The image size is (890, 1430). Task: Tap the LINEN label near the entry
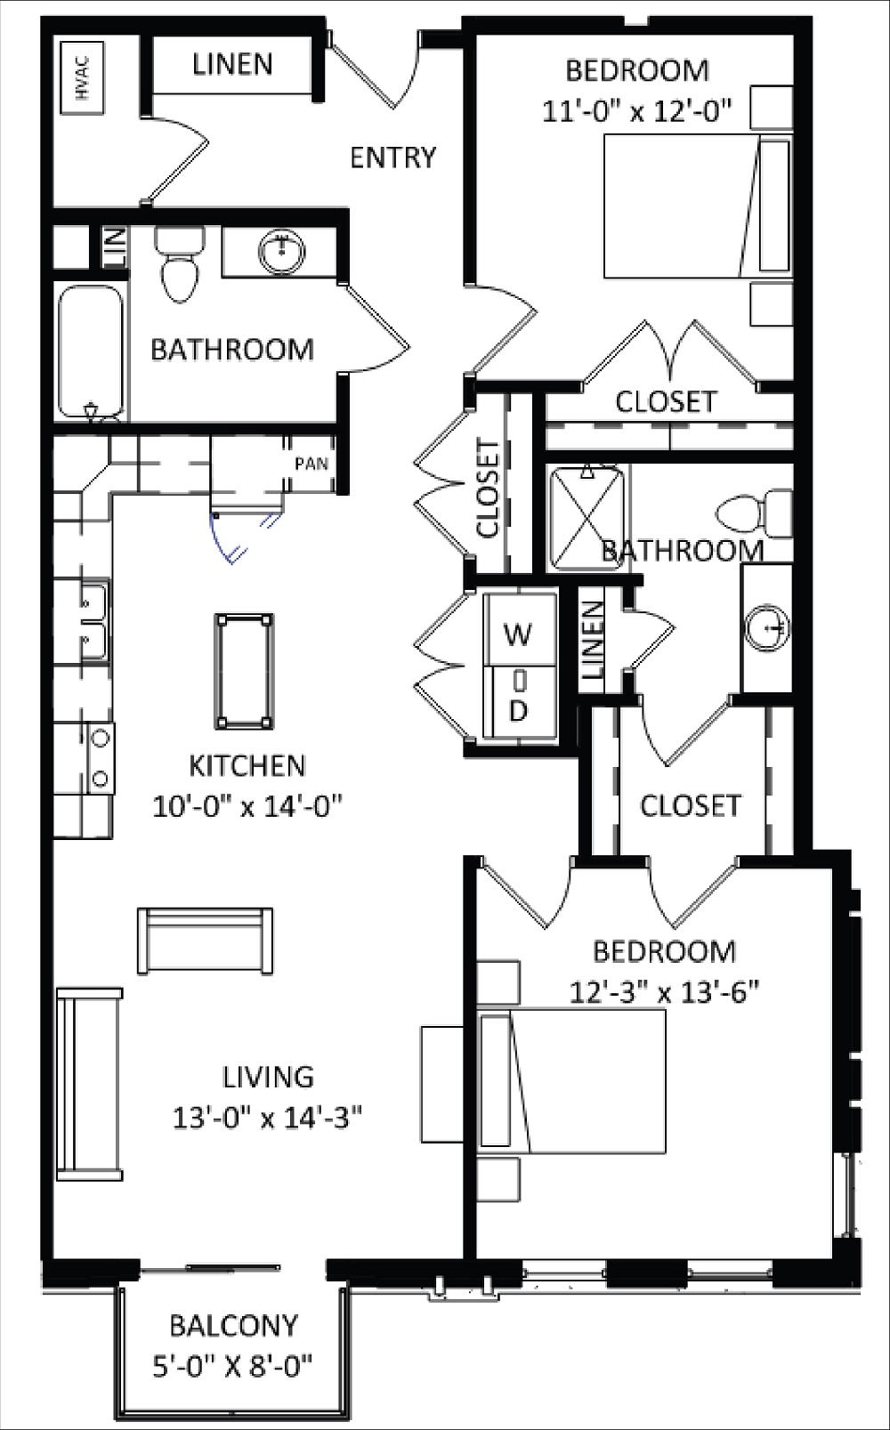(232, 64)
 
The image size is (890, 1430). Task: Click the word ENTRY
(392, 158)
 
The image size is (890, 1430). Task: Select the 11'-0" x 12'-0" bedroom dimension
(636, 110)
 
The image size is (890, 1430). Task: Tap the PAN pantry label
(311, 464)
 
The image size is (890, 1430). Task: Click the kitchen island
(243, 670)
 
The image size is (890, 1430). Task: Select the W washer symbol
(518, 634)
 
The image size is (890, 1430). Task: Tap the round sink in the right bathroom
(767, 628)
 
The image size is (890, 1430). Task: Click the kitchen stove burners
(101, 757)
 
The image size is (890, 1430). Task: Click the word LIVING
(268, 1077)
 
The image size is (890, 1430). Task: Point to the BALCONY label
(233, 1325)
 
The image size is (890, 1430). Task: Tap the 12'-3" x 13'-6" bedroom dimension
(664, 990)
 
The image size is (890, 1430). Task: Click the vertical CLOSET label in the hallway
(489, 489)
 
